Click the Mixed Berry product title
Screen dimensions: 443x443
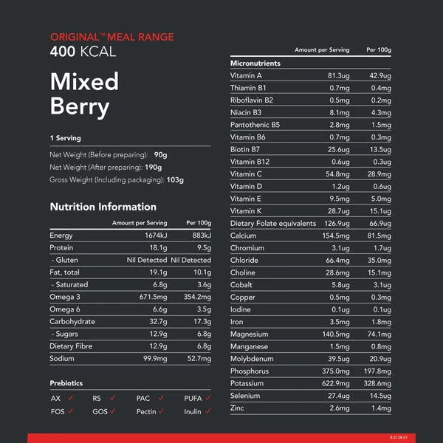click(x=84, y=94)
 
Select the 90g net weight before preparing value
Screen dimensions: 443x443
click(x=161, y=155)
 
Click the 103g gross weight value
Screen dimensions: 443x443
click(x=175, y=179)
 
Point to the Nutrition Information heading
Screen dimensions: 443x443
click(x=103, y=207)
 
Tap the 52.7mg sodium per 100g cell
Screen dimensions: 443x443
click(x=199, y=358)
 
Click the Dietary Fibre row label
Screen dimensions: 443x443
click(x=72, y=346)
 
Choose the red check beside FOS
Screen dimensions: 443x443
click(x=71, y=411)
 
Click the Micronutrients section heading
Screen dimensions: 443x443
click(x=255, y=63)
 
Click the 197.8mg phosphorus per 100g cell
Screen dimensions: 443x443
click(x=376, y=371)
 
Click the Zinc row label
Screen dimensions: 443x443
click(x=238, y=408)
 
